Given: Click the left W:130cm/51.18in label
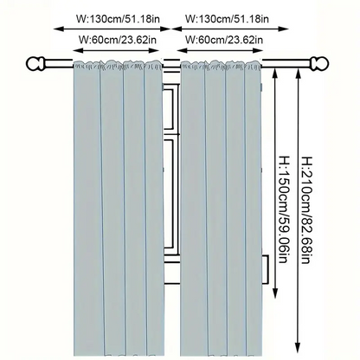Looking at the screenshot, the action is click(x=118, y=19).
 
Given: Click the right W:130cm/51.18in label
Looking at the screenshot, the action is click(x=227, y=19).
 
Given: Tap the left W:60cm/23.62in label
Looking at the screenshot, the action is click(x=118, y=40).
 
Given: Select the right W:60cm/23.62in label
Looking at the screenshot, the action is click(x=224, y=40).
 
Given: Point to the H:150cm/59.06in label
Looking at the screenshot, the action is click(x=284, y=209).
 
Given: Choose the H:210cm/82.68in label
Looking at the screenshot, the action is click(x=306, y=210).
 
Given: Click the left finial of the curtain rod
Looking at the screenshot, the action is click(x=35, y=64).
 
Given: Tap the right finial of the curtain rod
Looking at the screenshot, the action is click(x=319, y=64).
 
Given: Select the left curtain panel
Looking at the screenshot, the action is click(x=119, y=209).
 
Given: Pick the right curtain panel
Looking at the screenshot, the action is click(x=221, y=209).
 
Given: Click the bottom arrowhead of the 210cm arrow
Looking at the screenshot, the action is click(x=298, y=347).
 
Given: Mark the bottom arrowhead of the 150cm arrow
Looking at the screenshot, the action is click(x=275, y=292).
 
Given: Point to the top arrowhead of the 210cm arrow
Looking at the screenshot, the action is click(x=298, y=73).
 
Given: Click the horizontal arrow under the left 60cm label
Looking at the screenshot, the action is click(x=116, y=50).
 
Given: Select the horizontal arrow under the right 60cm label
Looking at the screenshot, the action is click(x=220, y=50).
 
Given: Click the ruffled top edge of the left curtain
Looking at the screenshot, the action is click(x=119, y=64).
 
